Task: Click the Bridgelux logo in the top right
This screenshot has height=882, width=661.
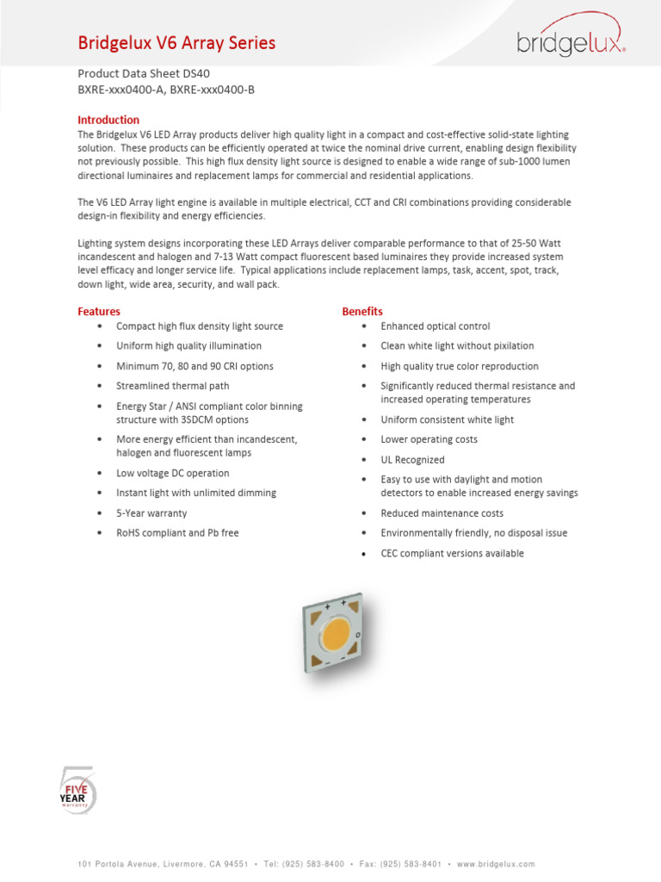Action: pyautogui.click(x=571, y=37)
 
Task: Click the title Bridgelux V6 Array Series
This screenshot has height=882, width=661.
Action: pyautogui.click(x=176, y=43)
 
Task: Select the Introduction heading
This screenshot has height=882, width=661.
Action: pyautogui.click(x=108, y=120)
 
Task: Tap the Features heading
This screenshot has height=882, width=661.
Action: pyautogui.click(x=99, y=311)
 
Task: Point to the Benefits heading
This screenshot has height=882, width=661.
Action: pyautogui.click(x=362, y=311)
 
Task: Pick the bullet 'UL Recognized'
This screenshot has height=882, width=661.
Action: pyautogui.click(x=412, y=460)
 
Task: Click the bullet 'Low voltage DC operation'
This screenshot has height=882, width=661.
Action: pyautogui.click(x=172, y=473)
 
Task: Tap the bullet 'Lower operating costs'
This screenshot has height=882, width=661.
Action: pyautogui.click(x=429, y=439)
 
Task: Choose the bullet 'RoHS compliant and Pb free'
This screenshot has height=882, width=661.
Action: pyautogui.click(x=177, y=533)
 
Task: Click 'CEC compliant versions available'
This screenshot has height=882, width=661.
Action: pyautogui.click(x=452, y=554)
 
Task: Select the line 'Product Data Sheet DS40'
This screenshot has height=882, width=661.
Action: pyautogui.click(x=144, y=73)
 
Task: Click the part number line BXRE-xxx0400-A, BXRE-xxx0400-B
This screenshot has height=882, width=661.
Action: pyautogui.click(x=166, y=90)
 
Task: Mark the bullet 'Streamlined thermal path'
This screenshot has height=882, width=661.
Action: pyautogui.click(x=172, y=386)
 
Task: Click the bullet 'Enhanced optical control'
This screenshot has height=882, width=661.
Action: pyautogui.click(x=436, y=326)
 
